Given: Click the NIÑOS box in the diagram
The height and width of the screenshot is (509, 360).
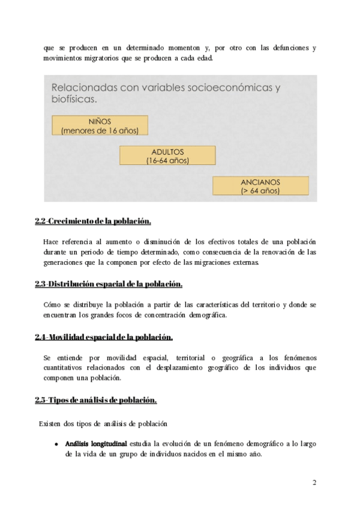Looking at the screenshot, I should (99, 125).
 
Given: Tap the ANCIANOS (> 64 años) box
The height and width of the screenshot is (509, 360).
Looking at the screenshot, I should (260, 185).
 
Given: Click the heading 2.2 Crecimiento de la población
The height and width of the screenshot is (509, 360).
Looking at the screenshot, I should (93, 221).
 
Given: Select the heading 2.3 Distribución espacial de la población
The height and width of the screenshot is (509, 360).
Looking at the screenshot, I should (109, 284).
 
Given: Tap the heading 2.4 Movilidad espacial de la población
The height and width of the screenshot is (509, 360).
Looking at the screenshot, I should (104, 337).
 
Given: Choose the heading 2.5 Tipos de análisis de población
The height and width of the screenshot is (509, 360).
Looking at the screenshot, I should (96, 400).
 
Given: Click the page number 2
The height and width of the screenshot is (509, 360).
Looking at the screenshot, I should (314, 483).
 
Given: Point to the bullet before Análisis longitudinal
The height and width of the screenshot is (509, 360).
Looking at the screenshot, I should (56, 444).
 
